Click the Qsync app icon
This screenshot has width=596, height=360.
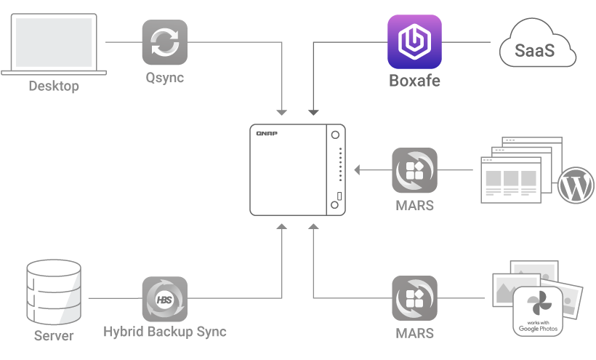(164, 42)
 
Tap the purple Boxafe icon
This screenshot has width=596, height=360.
(414, 42)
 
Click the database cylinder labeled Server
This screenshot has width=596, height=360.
(54, 292)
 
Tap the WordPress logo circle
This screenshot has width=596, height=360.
(574, 185)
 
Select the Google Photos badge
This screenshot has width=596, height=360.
(538, 311)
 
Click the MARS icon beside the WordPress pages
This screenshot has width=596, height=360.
(414, 171)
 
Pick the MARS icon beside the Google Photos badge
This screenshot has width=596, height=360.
(414, 298)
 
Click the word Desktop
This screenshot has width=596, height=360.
(54, 87)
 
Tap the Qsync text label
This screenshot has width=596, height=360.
(164, 78)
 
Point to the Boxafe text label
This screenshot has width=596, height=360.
(414, 79)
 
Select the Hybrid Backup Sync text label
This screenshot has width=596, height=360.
(164, 332)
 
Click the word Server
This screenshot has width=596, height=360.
(54, 335)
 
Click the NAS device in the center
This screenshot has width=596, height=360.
(297, 170)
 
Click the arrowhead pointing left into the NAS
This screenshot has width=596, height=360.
(358, 171)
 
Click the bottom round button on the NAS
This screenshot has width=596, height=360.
(335, 205)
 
